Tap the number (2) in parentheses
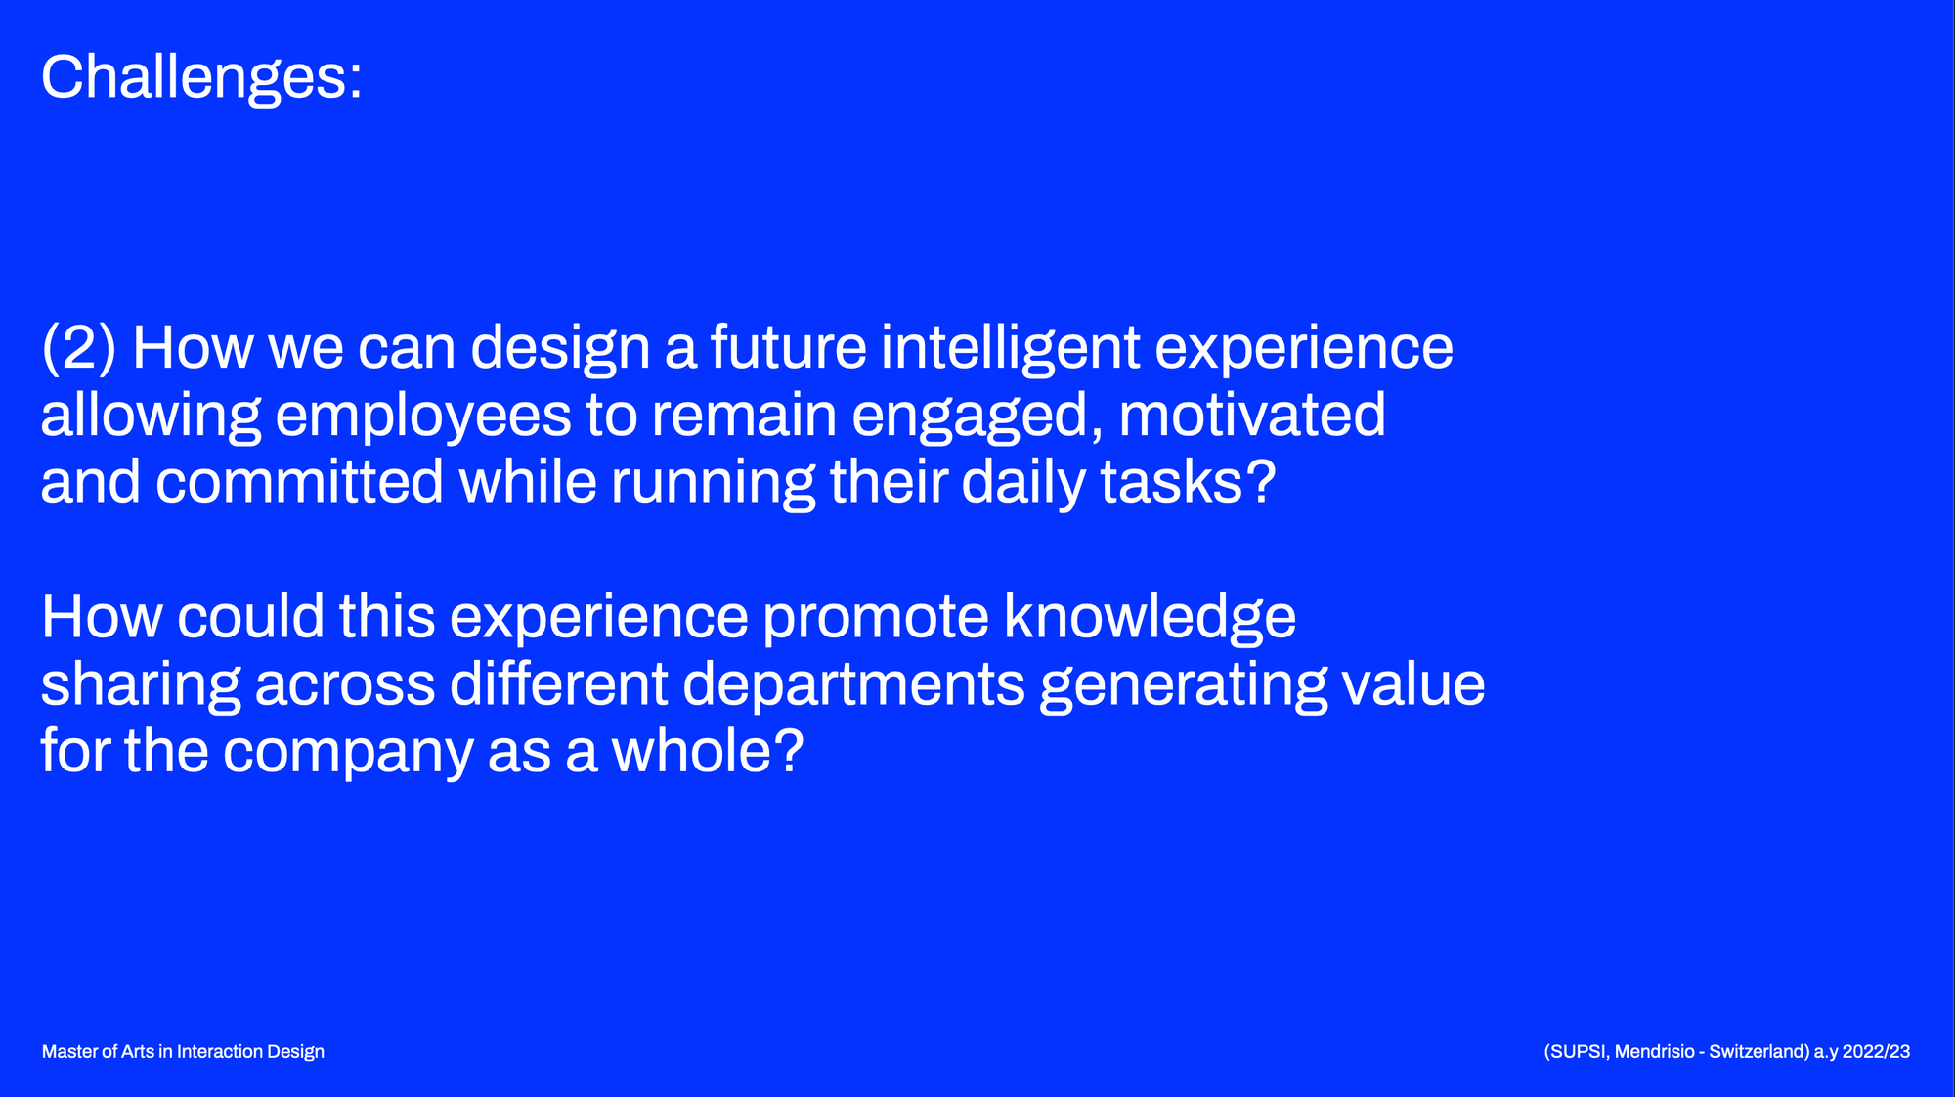79,348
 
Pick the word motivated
1252,415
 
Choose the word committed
300,482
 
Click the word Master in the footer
69,1052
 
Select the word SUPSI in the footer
1580,1052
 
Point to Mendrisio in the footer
1655,1052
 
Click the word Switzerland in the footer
1757,1052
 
